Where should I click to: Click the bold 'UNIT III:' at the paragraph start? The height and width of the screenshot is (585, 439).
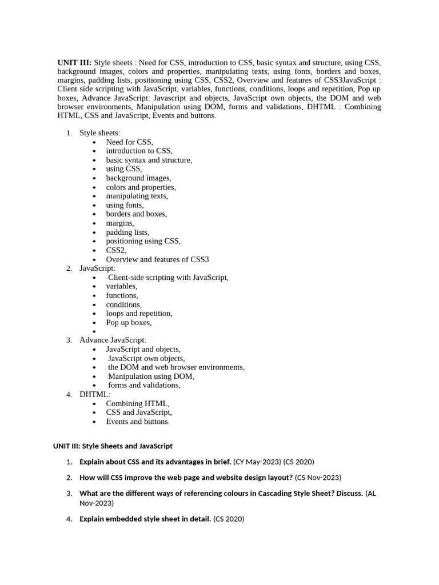click(74, 62)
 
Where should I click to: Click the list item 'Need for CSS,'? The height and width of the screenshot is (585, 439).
click(129, 142)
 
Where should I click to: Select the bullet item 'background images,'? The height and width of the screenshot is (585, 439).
click(138, 178)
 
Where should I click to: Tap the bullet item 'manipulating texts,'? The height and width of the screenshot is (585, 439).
click(137, 196)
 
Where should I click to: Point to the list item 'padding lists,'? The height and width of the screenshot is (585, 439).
click(127, 233)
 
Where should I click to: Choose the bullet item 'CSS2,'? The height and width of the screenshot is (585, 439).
click(116, 250)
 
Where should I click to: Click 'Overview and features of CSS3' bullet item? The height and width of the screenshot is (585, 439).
click(157, 259)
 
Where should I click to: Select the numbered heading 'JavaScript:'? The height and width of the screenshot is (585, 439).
click(97, 269)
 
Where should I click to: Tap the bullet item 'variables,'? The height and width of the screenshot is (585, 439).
click(121, 286)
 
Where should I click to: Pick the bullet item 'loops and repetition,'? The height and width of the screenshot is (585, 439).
click(139, 313)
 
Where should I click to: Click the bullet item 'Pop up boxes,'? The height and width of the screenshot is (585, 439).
click(129, 322)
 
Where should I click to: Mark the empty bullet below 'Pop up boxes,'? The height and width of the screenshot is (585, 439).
click(94, 331)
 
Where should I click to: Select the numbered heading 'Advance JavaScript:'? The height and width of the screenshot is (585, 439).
click(113, 340)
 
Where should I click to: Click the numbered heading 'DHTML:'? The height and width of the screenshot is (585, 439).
click(95, 394)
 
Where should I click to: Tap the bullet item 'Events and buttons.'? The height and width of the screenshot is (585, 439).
click(138, 422)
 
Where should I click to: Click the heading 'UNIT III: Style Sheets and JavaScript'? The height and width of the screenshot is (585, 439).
click(113, 446)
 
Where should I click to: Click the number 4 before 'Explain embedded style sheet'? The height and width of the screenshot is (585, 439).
click(69, 519)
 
